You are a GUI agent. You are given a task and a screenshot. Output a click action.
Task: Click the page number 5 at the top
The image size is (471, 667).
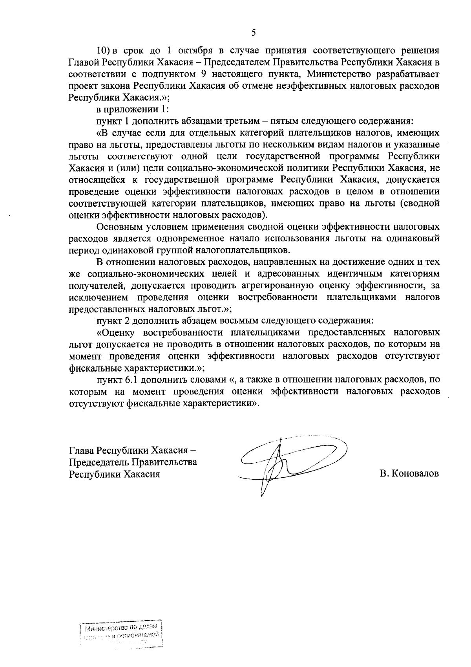pos(254,33)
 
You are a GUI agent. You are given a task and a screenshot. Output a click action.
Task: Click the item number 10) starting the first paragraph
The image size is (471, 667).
pos(105,51)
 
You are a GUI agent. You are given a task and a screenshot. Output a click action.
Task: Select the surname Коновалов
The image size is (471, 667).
pos(409,474)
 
